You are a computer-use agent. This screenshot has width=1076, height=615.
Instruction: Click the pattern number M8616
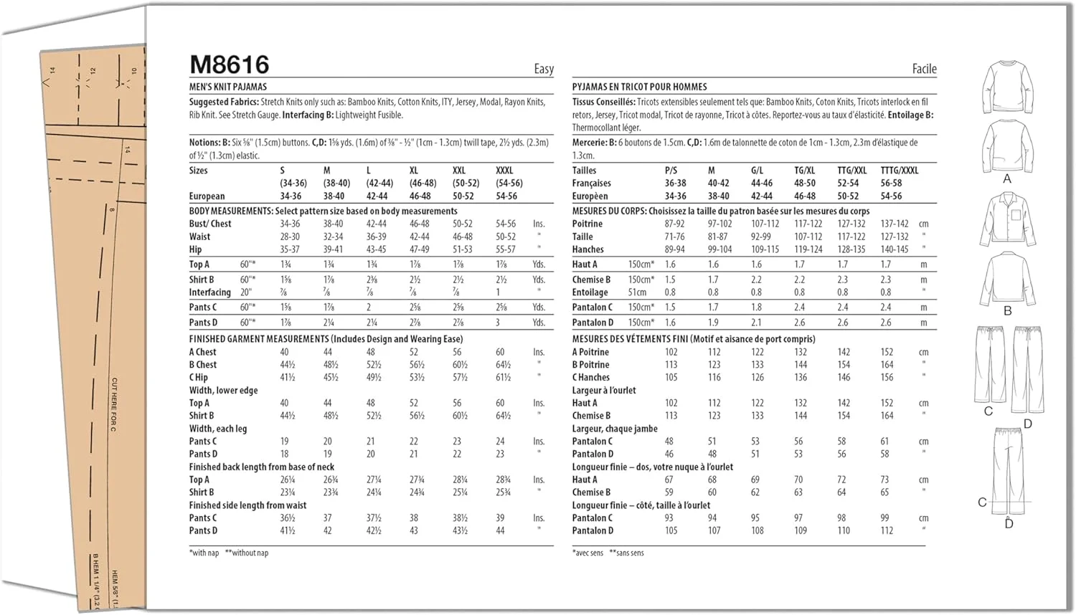pyautogui.click(x=229, y=65)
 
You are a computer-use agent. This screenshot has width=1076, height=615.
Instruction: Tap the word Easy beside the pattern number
pyautogui.click(x=544, y=69)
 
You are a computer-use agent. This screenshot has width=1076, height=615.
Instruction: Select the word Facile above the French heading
pyautogui.click(x=924, y=69)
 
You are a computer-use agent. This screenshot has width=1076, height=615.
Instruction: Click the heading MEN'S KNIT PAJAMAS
pyautogui.click(x=227, y=87)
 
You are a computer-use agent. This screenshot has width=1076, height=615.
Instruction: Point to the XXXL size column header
pyautogui.click(x=504, y=171)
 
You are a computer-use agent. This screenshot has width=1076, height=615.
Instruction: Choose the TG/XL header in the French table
pyautogui.click(x=804, y=171)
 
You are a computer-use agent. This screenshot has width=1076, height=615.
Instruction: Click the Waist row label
pyautogui.click(x=199, y=237)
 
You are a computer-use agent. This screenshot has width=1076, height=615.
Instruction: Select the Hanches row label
pyautogui.click(x=587, y=249)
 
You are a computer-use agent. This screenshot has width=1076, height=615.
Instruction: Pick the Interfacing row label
pyautogui.click(x=209, y=292)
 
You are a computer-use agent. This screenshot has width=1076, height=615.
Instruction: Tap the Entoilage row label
pyautogui.click(x=590, y=292)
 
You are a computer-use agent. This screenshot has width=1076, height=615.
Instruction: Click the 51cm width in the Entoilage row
pyautogui.click(x=637, y=292)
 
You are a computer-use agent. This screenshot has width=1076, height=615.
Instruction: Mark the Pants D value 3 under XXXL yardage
pyautogui.click(x=498, y=323)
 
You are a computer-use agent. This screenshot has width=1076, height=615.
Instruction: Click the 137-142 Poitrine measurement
pyautogui.click(x=894, y=224)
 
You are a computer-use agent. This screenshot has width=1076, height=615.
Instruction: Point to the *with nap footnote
pyautogui.click(x=204, y=553)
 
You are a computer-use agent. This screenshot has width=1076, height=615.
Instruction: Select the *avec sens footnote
pyautogui.click(x=587, y=553)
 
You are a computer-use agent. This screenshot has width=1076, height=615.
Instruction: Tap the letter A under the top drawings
pyautogui.click(x=1006, y=179)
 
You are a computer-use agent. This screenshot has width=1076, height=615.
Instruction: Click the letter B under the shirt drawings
pyautogui.click(x=1007, y=311)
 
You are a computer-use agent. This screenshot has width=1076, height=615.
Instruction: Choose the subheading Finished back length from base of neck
pyautogui.click(x=261, y=467)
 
